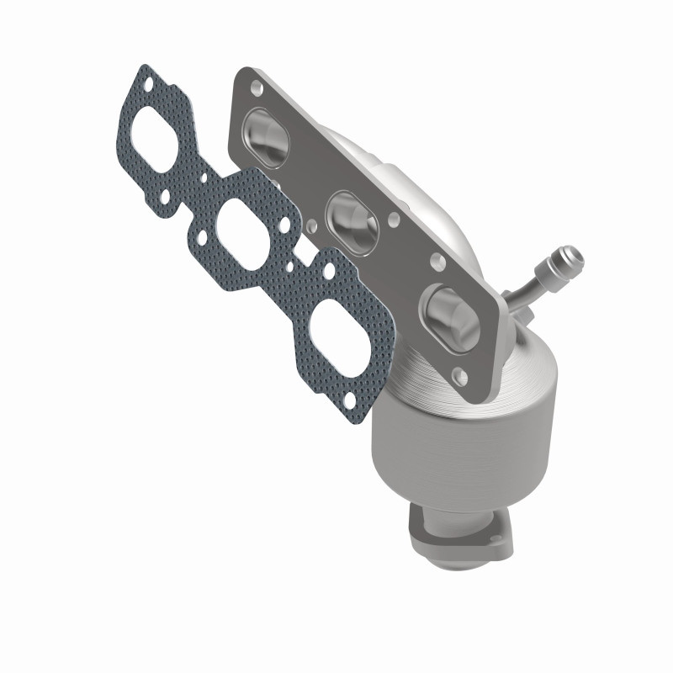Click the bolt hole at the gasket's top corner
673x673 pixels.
tap(148, 85)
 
